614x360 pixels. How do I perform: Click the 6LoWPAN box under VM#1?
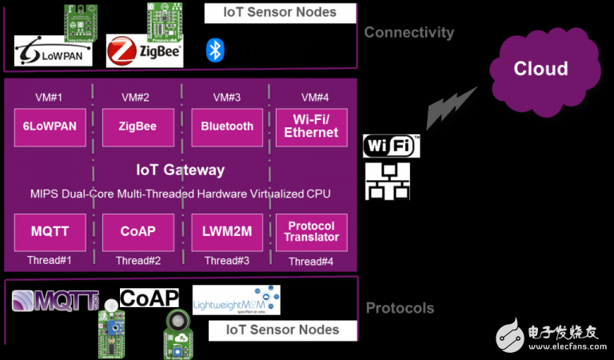tap(50, 126)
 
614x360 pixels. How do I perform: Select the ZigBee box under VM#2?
tap(138, 126)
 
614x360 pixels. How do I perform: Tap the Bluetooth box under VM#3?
tap(227, 126)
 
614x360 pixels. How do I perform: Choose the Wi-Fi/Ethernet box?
tap(311, 126)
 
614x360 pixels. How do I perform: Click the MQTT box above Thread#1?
tap(50, 232)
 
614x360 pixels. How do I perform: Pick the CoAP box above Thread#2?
tap(138, 232)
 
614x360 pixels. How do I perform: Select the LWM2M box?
tap(227, 232)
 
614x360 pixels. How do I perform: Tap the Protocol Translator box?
tap(311, 232)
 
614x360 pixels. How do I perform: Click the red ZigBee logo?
tap(145, 50)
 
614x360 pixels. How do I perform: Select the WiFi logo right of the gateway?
tap(391, 146)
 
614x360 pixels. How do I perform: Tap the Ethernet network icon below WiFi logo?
tap(388, 182)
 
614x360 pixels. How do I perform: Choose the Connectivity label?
tap(409, 33)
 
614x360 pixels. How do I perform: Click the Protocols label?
tap(400, 308)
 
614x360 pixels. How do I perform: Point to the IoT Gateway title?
tap(180, 170)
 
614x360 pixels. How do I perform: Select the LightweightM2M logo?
tap(236, 300)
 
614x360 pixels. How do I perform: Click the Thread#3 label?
tap(227, 261)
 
